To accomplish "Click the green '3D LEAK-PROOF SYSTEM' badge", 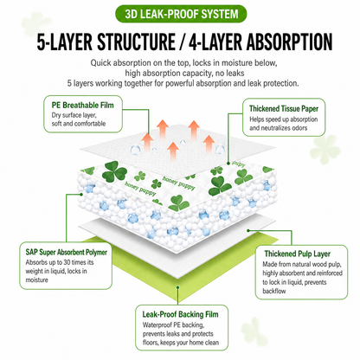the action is tap(181, 14).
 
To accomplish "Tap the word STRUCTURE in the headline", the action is tap(136, 42).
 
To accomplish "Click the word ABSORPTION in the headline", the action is tap(289, 42).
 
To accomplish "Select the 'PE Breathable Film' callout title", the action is tap(83, 106).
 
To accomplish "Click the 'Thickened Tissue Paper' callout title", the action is tap(284, 109).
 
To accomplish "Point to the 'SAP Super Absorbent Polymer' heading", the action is tap(66, 253).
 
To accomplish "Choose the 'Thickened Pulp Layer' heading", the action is tap(298, 254).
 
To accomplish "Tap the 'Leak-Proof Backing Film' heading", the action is tap(180, 314).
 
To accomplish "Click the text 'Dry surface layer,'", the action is tap(74, 115).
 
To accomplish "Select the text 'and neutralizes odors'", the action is tap(279, 128).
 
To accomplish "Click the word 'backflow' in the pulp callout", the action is tap(274, 291).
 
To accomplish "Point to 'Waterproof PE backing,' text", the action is tap(173, 325).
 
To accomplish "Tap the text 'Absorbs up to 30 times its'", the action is tap(60, 262).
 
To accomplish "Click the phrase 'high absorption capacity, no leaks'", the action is tap(184, 74).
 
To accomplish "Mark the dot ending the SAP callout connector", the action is tap(81, 194).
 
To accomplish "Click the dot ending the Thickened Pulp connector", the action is tap(248, 230).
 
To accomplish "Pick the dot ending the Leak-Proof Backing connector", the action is tap(178, 286).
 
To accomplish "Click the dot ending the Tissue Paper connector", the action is tap(228, 164).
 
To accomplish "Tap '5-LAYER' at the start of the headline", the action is tap(65, 42).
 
